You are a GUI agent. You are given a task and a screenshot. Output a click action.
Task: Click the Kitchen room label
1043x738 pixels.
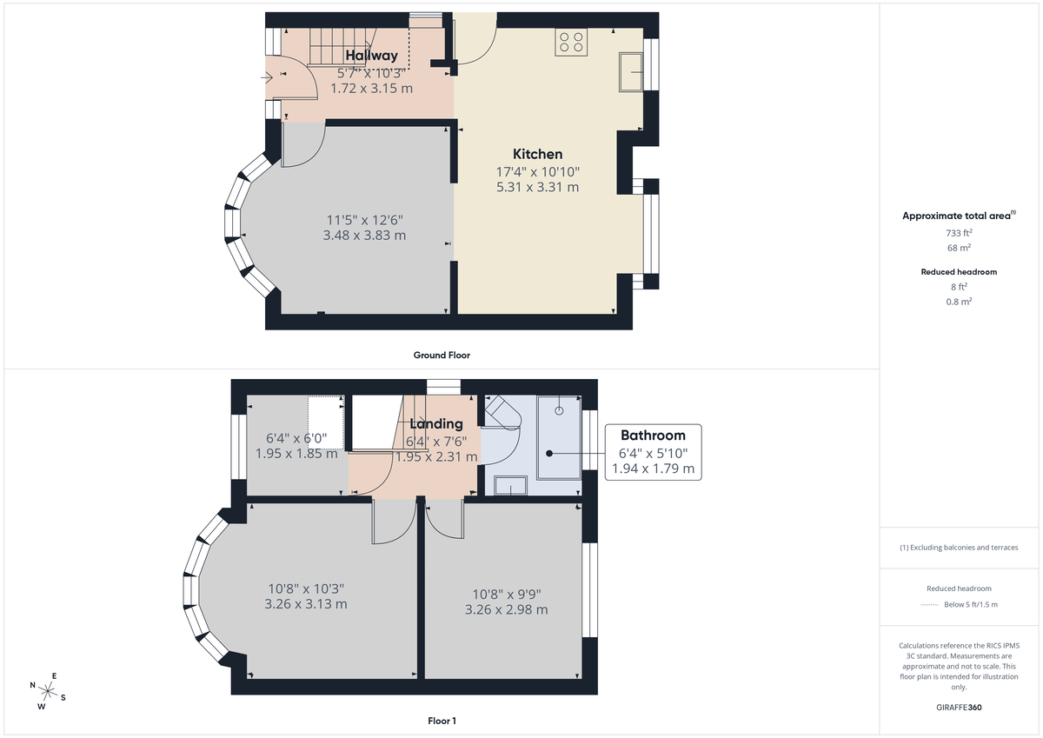537,154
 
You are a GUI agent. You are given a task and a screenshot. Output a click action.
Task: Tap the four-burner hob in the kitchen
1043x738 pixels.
571,43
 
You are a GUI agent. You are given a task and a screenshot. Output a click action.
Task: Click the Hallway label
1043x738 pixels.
371,57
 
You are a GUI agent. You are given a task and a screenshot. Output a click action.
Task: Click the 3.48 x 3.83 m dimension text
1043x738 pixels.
364,236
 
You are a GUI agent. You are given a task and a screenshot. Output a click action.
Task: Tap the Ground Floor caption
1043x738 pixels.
442,355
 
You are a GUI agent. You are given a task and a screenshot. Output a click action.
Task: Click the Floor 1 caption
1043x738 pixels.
442,721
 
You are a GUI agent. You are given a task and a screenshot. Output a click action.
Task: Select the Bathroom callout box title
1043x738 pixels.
652,435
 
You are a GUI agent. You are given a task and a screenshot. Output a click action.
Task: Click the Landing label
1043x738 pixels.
435,424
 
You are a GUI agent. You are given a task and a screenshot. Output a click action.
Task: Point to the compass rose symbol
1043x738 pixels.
49,691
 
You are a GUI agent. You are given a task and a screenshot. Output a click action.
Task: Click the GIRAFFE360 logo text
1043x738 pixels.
958,708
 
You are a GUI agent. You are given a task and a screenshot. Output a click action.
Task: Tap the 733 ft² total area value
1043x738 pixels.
959,232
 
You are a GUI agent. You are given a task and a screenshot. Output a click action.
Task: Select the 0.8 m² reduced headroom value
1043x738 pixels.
959,301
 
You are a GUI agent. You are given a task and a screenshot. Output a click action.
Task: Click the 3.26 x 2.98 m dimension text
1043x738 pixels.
506,609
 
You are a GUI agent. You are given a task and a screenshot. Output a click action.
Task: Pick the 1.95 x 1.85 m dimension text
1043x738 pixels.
296,453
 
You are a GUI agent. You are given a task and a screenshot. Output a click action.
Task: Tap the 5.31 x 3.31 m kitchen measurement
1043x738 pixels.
537,187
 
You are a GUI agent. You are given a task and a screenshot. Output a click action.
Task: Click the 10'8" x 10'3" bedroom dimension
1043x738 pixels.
305,588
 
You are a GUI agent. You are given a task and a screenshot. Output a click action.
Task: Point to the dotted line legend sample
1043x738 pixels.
931,604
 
